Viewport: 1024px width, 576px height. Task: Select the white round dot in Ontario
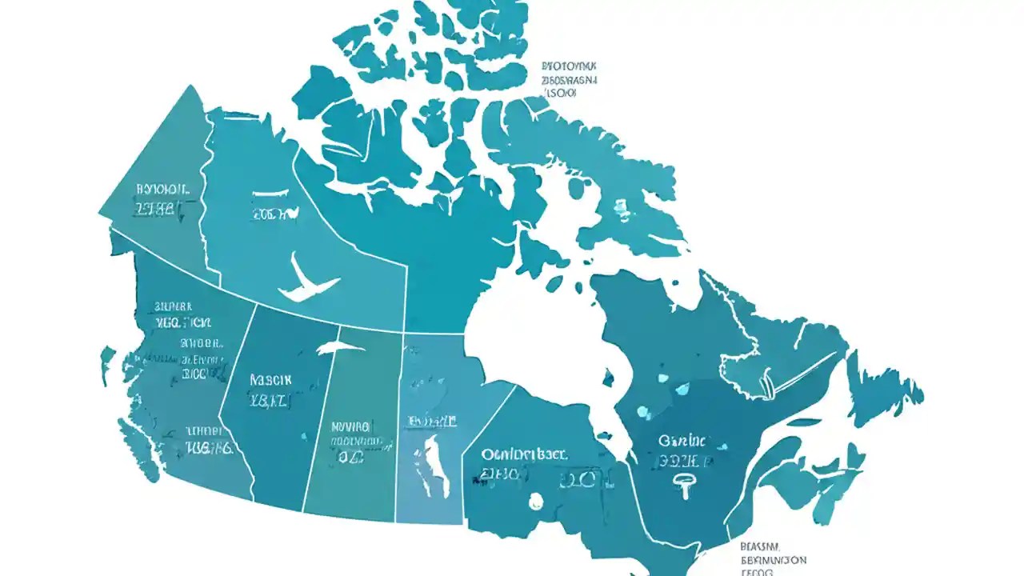tap(535, 501)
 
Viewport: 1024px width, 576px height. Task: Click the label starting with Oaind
tap(524, 454)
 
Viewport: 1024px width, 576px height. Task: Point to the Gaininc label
tap(682, 441)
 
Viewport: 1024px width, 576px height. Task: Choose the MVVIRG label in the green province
tap(350, 426)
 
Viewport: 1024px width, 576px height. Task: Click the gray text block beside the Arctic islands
tap(570, 80)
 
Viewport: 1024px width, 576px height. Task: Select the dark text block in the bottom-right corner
tap(772, 560)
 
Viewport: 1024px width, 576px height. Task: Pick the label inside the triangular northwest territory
tap(163, 190)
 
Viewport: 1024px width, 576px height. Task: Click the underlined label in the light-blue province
tap(431, 420)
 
